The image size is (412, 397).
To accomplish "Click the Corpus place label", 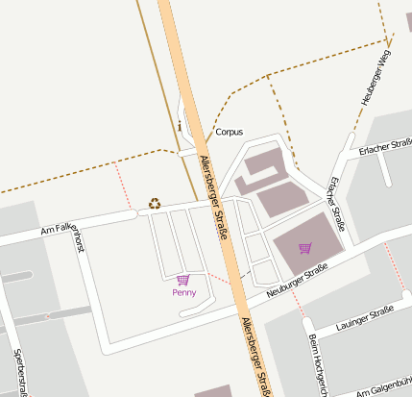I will [229, 132].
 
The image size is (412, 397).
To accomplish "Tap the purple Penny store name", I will [183, 291].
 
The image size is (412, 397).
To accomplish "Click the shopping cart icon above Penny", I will [183, 279].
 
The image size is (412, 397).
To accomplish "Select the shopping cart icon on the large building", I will [304, 248].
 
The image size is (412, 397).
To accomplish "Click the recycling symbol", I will [155, 203].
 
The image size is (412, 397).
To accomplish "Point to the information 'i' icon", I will [180, 125].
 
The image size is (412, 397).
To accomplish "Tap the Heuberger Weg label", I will [376, 78].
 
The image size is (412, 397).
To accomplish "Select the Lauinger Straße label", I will [365, 319].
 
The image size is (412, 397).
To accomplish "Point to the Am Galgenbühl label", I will [384, 386].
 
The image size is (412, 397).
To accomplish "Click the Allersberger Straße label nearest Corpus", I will [215, 198].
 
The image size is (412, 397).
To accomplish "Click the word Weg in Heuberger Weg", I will [385, 61].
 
